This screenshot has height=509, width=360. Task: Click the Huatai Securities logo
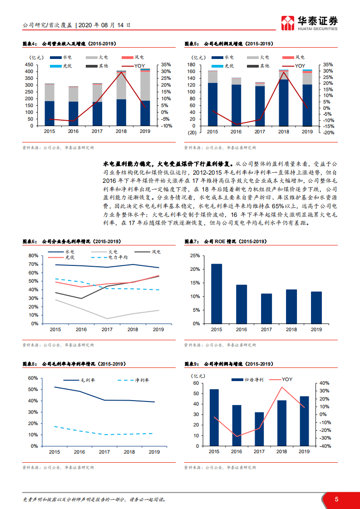[310, 23]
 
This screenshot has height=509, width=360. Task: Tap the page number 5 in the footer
[336, 499]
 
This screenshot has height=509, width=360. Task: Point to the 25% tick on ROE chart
[194, 256]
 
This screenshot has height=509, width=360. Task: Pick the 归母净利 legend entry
[252, 379]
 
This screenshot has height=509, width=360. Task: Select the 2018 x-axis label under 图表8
[129, 452]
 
